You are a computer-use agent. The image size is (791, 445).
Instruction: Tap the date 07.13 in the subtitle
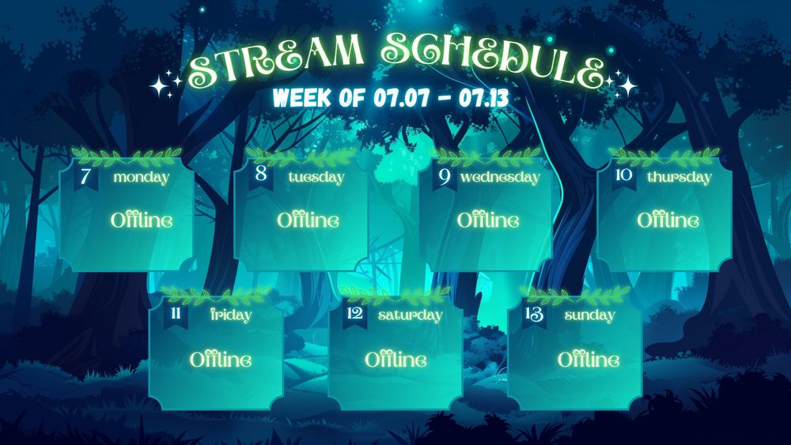[483, 97]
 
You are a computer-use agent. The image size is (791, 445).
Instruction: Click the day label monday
[142, 177]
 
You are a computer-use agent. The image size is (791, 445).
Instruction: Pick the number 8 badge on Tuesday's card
[261, 175]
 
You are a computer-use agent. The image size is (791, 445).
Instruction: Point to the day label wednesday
[500, 177]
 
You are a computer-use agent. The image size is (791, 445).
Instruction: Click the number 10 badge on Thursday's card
[624, 176]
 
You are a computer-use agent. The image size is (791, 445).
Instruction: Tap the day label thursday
[679, 177]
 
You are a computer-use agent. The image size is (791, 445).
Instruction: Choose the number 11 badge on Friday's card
[176, 315]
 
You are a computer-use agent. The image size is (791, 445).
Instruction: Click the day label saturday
[410, 315]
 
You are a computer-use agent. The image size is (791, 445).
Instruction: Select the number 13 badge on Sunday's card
[534, 315]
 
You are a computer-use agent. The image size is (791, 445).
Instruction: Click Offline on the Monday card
[142, 221]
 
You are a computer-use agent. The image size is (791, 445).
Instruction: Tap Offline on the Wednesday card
[488, 221]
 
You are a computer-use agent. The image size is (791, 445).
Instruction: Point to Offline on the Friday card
[221, 360]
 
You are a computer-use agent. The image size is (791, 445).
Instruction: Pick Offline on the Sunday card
[589, 360]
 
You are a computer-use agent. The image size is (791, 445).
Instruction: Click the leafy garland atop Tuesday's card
[301, 157]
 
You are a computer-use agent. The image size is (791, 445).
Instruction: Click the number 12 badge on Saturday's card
[355, 315]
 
